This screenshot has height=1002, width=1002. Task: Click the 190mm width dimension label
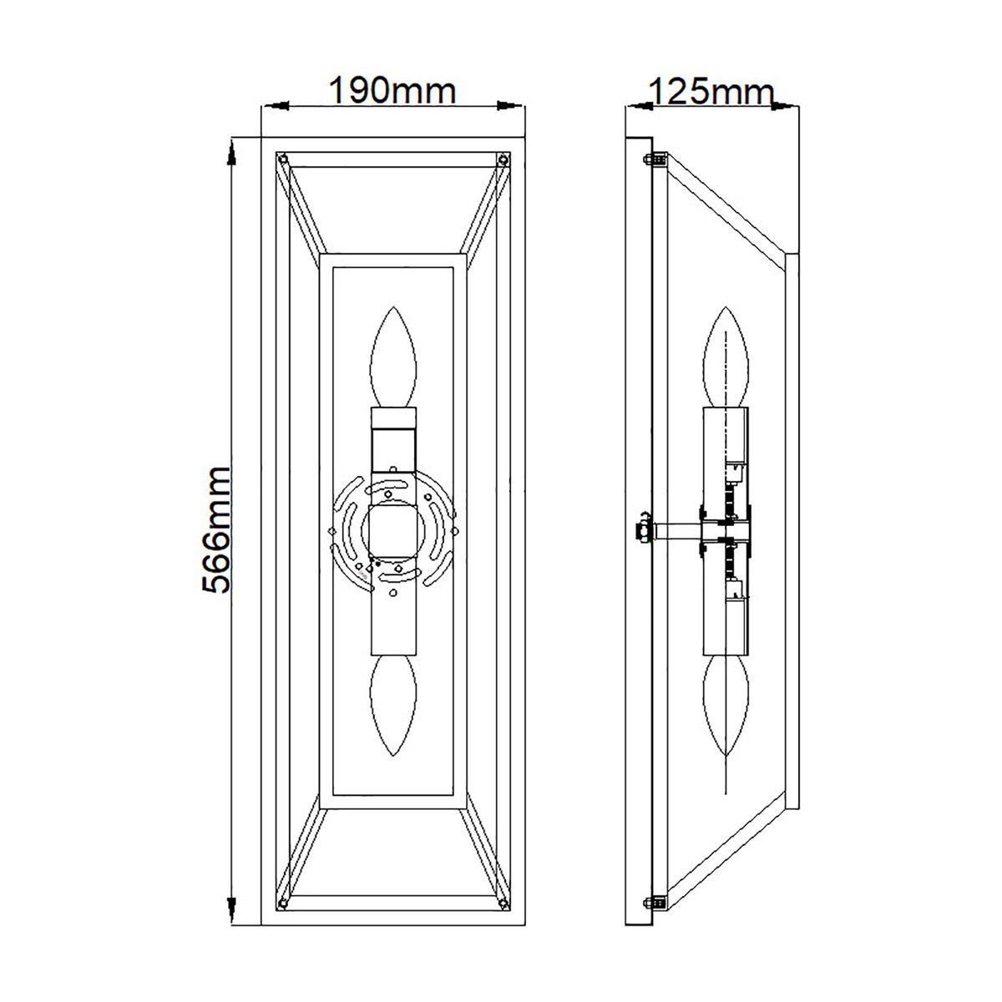click(392, 90)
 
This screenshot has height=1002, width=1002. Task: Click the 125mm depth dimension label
click(711, 90)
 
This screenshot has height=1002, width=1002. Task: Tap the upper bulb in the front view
click(393, 358)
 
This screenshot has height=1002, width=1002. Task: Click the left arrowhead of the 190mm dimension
click(276, 106)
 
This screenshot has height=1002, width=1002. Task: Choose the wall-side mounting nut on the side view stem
click(643, 529)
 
